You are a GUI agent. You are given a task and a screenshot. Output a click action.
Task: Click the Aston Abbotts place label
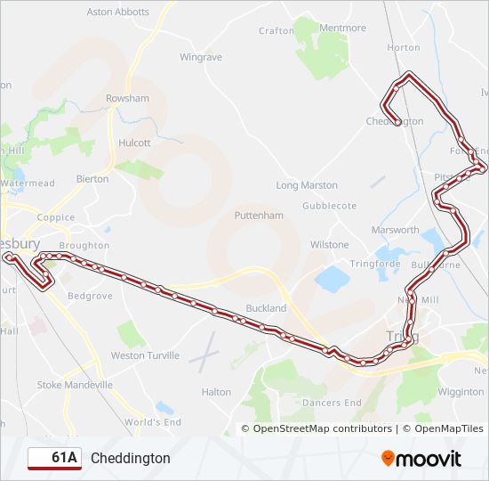117,12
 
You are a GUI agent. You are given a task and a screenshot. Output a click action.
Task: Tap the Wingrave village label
200,57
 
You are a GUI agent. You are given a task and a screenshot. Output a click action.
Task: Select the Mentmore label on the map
342,29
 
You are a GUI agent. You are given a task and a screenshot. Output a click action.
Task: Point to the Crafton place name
276,30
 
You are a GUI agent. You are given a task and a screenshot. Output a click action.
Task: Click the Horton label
404,47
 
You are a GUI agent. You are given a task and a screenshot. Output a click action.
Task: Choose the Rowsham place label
127,98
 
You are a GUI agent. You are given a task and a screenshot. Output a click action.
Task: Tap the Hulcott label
134,143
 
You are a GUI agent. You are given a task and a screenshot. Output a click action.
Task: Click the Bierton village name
92,179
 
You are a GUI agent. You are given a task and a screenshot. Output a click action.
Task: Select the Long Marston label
307,185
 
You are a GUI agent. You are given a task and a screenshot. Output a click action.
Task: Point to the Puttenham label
259,216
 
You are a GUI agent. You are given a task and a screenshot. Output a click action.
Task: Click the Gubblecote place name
329,206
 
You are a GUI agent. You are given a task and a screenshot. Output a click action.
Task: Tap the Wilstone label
329,245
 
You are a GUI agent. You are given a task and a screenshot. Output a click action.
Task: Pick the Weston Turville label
145,355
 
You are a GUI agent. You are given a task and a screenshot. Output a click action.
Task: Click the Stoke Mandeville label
75,385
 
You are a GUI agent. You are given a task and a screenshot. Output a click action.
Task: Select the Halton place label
216,392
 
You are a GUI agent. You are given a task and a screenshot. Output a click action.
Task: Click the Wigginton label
461,392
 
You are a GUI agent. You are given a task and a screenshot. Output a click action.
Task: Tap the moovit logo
421,459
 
